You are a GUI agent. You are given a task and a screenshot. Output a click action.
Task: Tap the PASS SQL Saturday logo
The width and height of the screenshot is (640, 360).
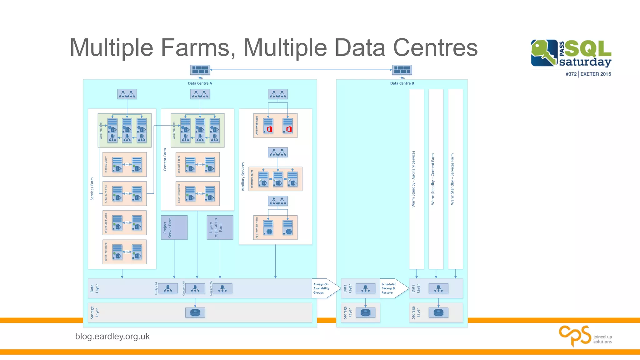coord(571,53)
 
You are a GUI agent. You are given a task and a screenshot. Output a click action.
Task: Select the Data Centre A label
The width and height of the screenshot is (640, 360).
coord(200,83)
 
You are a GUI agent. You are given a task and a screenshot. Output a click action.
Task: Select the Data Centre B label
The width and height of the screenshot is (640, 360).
coord(402,83)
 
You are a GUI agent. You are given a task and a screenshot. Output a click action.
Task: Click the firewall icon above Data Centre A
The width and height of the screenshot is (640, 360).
coord(200,69)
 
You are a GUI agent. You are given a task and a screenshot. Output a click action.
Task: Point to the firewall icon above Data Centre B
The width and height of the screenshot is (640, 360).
coord(402,69)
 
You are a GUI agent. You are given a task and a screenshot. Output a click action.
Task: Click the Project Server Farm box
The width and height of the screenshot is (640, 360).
coord(174,227)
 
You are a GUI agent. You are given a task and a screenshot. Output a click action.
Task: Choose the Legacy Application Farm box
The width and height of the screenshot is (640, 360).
coord(220,227)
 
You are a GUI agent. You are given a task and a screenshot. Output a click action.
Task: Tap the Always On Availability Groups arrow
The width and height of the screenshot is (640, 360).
coord(325,288)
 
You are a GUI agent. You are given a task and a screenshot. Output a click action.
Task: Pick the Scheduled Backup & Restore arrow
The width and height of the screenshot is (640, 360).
coord(393,288)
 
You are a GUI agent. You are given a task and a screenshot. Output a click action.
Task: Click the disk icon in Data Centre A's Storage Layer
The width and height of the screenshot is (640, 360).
coord(195,312)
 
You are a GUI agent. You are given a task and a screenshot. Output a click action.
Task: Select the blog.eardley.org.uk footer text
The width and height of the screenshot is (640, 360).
coord(112,337)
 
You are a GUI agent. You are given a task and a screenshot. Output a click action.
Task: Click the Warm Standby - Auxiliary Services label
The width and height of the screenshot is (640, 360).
coord(413,179)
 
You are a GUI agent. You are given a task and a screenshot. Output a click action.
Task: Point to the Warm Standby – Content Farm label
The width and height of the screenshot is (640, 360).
coord(433,179)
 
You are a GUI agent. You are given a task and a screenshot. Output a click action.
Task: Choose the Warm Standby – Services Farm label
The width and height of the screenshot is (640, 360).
coord(452,179)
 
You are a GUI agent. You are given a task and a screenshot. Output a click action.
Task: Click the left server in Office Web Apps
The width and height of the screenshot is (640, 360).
coord(268,126)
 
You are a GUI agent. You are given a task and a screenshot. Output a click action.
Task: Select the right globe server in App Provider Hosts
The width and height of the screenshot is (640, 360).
coord(287,227)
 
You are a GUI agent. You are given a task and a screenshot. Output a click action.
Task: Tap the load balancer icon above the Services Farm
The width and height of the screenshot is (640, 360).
coord(127,94)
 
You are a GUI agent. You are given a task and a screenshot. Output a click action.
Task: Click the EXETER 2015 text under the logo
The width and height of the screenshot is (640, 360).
coord(596,74)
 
